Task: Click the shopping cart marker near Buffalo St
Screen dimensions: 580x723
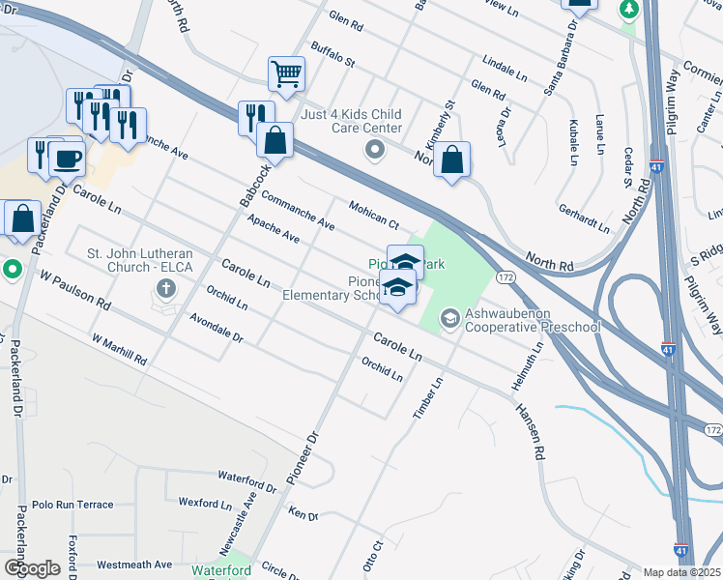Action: click(x=286, y=72)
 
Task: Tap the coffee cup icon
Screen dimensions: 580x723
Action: click(x=67, y=158)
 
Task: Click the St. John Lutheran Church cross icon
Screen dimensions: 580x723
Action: click(x=166, y=288)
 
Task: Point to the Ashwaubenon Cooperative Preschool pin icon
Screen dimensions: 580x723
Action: click(x=449, y=317)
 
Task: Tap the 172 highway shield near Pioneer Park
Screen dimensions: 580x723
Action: click(x=505, y=277)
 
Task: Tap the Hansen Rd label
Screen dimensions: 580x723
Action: click(x=531, y=430)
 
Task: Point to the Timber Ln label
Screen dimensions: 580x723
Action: click(x=426, y=396)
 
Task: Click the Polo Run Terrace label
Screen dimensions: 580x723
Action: click(x=72, y=505)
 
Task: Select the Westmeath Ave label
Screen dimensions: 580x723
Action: click(x=134, y=565)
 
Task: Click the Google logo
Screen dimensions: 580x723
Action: click(x=32, y=567)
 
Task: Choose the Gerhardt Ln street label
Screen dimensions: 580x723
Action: click(x=584, y=218)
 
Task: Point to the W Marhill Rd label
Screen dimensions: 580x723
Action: click(x=119, y=351)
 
